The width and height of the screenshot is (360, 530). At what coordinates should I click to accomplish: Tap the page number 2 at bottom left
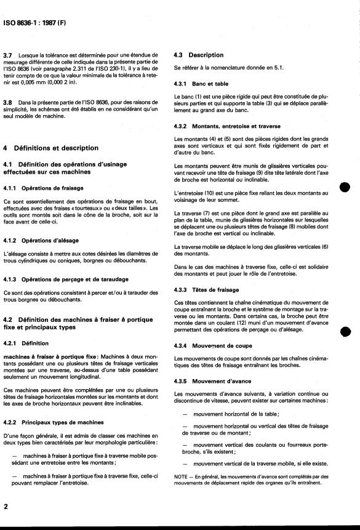click(x=6, y=506)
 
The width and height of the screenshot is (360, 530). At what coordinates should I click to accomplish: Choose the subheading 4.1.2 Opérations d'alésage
click(x=37, y=241)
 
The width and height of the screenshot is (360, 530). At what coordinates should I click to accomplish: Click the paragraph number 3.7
click(x=8, y=55)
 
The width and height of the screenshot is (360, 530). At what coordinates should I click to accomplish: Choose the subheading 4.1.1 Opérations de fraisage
click(x=39, y=188)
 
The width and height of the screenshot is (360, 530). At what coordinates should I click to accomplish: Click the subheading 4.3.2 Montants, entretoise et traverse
click(x=219, y=127)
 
